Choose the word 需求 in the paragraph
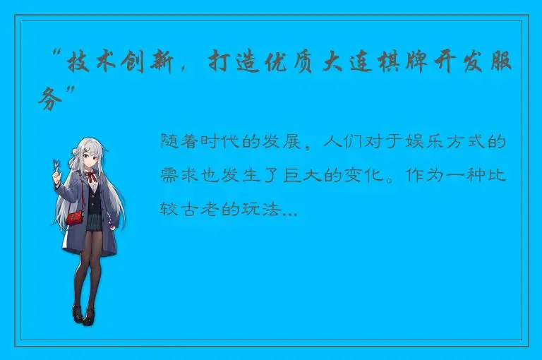pyautogui.click(x=178, y=176)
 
